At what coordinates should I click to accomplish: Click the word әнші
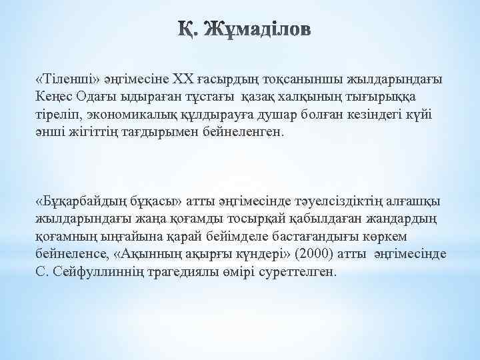(x=50, y=131)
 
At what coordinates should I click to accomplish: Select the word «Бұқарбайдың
(x=79, y=202)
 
